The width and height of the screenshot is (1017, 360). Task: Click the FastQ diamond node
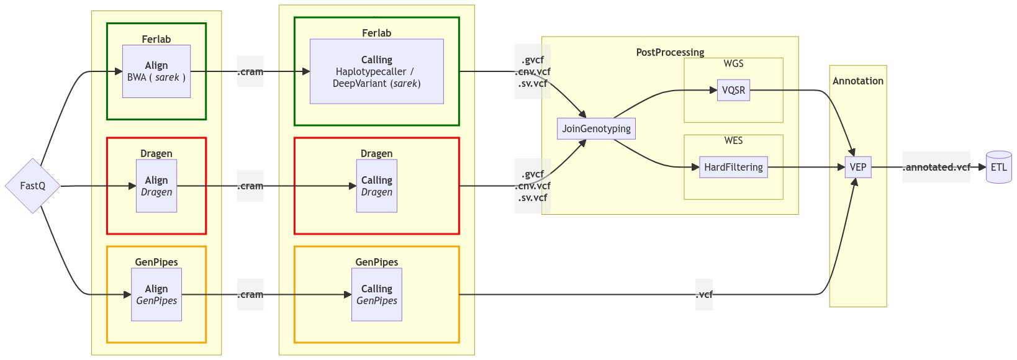click(x=33, y=186)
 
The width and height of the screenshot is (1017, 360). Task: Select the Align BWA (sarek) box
click(x=156, y=71)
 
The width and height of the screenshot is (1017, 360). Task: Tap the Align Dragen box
click(x=156, y=186)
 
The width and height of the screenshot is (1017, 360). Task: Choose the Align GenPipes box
click(x=156, y=294)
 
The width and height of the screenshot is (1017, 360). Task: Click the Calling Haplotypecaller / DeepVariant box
click(x=376, y=71)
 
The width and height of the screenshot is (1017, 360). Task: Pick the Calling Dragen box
click(x=376, y=186)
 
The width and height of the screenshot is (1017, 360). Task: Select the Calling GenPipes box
click(x=376, y=294)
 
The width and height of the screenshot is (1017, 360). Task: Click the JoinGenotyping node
click(x=596, y=128)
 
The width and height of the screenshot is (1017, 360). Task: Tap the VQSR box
click(x=733, y=90)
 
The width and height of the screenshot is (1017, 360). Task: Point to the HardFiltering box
click(x=733, y=167)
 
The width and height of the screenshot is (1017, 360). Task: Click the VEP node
click(x=858, y=167)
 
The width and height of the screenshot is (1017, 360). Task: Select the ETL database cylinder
click(x=998, y=167)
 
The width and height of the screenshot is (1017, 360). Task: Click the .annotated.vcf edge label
click(x=936, y=167)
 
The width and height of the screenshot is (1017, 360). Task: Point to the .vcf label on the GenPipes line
click(x=704, y=294)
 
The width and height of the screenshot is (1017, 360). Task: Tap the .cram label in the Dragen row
click(x=250, y=186)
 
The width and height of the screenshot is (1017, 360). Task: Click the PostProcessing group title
click(x=670, y=52)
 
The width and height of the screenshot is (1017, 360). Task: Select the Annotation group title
click(x=858, y=81)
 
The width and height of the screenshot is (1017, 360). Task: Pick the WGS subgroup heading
click(x=733, y=63)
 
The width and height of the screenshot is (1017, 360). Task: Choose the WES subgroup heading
click(x=733, y=140)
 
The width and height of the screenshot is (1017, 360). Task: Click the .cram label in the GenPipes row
click(x=250, y=294)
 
